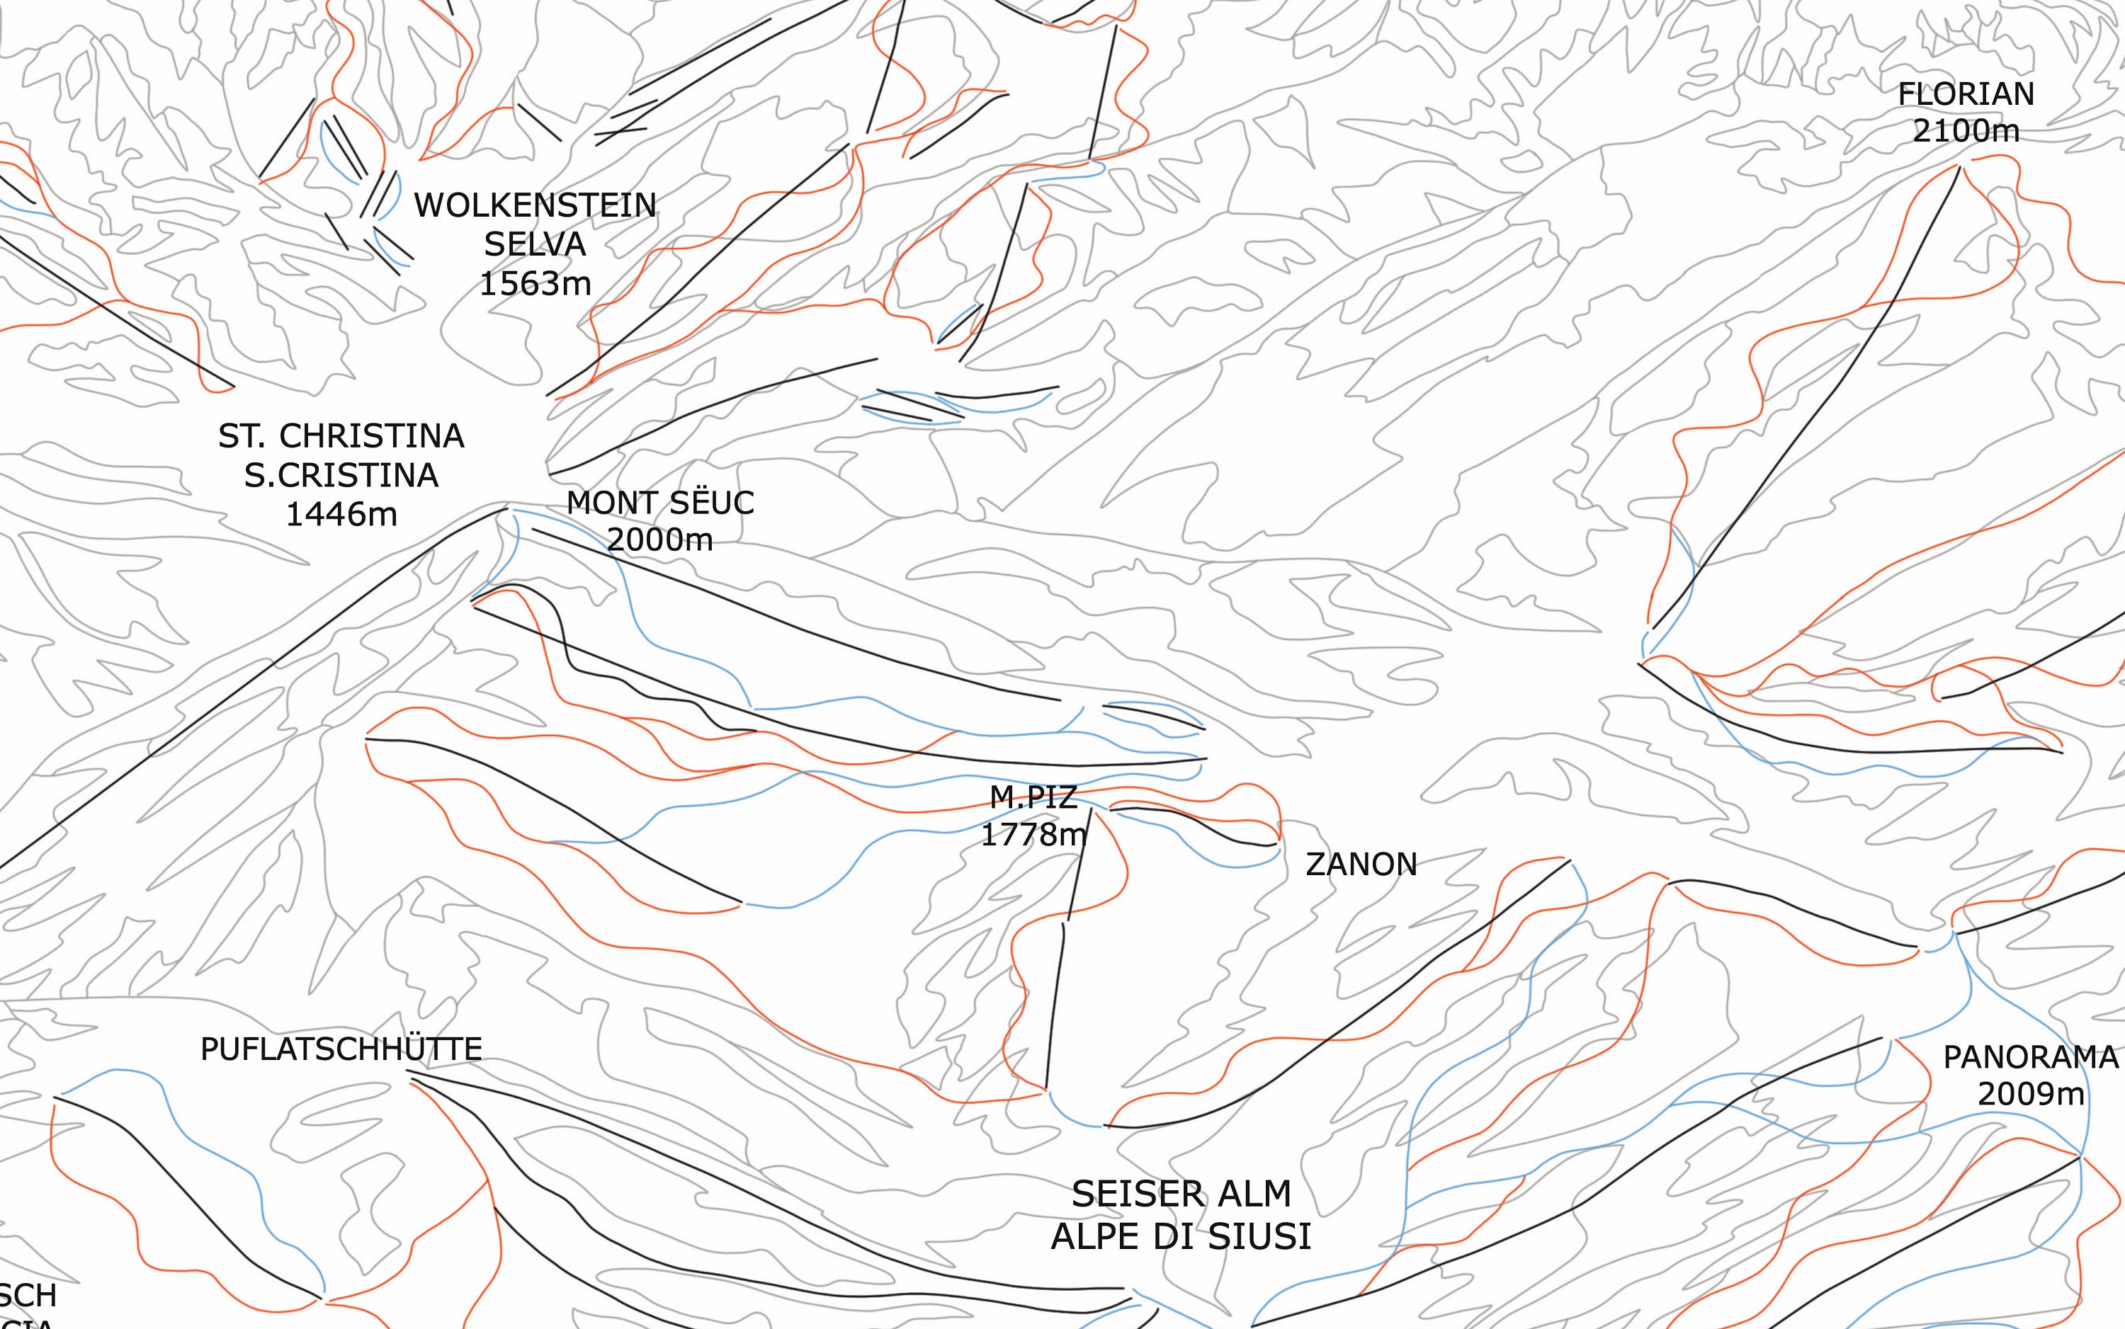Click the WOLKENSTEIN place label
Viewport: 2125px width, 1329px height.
pyautogui.click(x=535, y=205)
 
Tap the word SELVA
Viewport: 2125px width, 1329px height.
pyautogui.click(x=535, y=244)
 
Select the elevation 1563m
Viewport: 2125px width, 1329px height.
pyautogui.click(x=535, y=283)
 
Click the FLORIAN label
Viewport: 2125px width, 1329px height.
pyautogui.click(x=1966, y=94)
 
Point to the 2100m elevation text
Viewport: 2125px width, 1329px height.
pyautogui.click(x=1966, y=131)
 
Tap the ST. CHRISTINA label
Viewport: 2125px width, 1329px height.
pyautogui.click(x=341, y=436)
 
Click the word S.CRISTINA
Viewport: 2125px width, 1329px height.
pyautogui.click(x=341, y=476)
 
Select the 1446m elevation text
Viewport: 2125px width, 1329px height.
pyautogui.click(x=341, y=514)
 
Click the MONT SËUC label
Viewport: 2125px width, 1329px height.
pyautogui.click(x=659, y=503)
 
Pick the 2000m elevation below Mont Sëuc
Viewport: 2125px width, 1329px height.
pyautogui.click(x=659, y=540)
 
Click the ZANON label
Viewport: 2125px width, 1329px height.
pyautogui.click(x=1361, y=865)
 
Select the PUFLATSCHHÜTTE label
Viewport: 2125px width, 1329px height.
pyautogui.click(x=341, y=1049)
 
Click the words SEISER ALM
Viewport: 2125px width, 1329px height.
pyautogui.click(x=1181, y=1194)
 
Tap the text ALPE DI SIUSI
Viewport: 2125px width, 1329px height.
pyautogui.click(x=1181, y=1237)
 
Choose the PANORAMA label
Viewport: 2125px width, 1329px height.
pyautogui.click(x=2030, y=1057)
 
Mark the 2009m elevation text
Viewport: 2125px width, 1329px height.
pyautogui.click(x=2030, y=1095)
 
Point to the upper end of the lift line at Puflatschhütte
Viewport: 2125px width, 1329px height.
pyautogui.click(x=411, y=1073)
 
